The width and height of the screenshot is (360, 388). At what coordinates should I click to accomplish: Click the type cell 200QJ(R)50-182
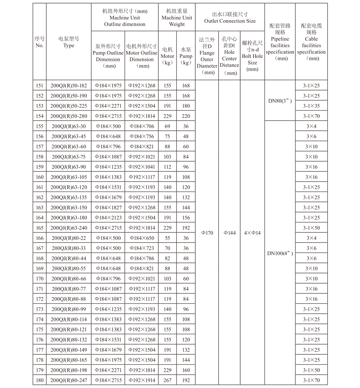coord(69,86)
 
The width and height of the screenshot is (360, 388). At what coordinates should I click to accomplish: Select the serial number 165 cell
coord(40,228)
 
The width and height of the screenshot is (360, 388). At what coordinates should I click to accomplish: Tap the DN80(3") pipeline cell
coord(280,101)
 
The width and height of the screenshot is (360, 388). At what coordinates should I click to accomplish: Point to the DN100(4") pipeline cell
coord(280,253)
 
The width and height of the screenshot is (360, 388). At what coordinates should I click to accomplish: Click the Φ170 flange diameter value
coord(207,233)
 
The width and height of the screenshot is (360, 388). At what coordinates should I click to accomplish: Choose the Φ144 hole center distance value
coord(229,233)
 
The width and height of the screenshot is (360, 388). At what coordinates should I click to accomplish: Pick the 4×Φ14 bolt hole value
coord(252,233)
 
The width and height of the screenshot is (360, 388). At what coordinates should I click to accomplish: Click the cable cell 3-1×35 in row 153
coord(311,106)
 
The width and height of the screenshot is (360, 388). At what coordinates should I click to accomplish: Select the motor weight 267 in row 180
coord(167,380)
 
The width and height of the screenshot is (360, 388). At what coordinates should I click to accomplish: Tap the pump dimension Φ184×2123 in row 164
coord(108,218)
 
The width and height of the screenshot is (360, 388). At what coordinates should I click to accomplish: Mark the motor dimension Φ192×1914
coord(142,380)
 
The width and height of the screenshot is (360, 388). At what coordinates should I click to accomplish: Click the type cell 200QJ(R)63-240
coord(69,228)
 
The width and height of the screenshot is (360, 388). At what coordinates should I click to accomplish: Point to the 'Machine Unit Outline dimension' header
coord(125,18)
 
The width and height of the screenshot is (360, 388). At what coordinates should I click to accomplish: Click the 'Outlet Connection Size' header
coord(230,18)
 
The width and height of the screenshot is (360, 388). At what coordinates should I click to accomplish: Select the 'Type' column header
coord(69,42)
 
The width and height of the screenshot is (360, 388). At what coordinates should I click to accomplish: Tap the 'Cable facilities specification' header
coord(311,42)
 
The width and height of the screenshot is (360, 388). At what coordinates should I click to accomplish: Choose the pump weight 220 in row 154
coord(186,116)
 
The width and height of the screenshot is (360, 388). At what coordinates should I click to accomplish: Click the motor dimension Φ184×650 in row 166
coord(142,238)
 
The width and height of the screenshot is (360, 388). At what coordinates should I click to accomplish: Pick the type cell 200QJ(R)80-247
coord(69,380)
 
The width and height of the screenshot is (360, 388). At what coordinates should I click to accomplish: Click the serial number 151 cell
coord(40,86)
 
